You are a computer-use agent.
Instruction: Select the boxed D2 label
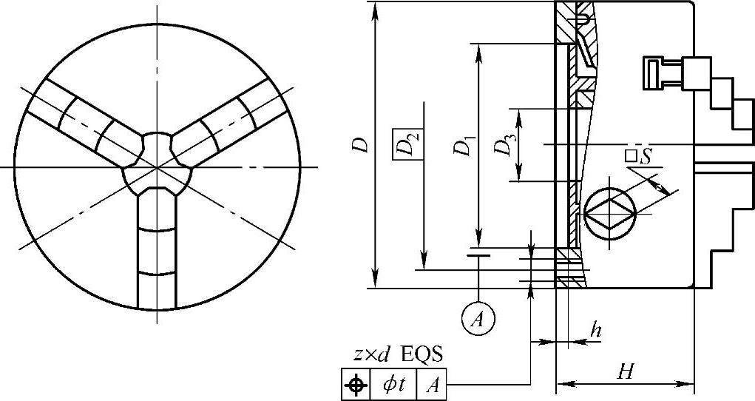point(408,144)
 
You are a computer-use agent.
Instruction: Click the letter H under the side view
point(626,371)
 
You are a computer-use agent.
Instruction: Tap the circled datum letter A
point(478,320)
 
